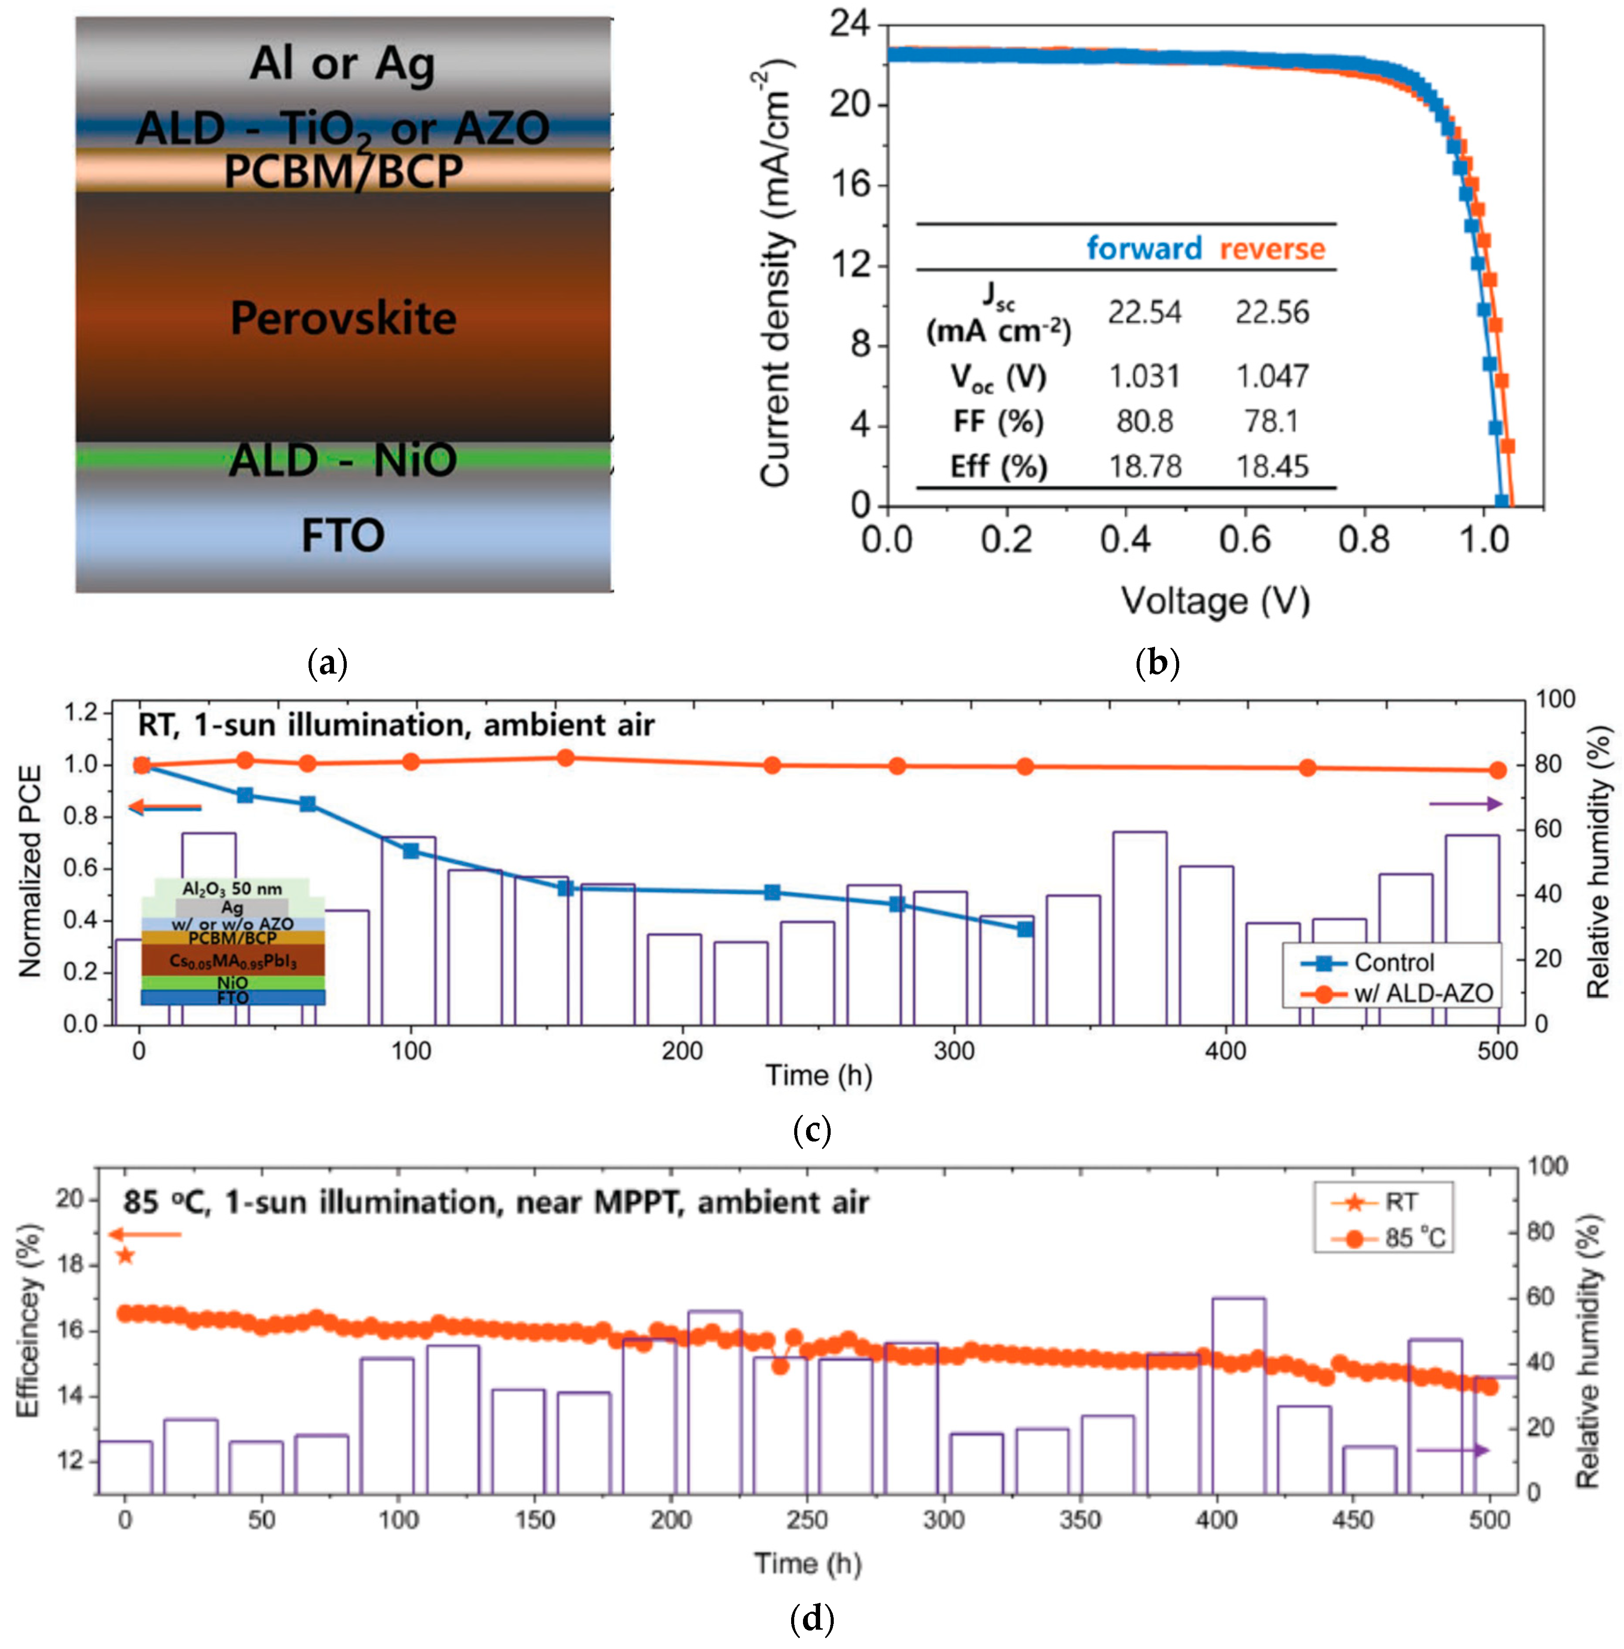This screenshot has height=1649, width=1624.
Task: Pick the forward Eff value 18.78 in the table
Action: click(1144, 466)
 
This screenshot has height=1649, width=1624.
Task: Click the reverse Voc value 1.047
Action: click(1272, 376)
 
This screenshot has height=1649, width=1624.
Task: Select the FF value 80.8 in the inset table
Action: click(1144, 421)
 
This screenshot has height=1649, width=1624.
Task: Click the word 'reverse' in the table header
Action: click(1272, 249)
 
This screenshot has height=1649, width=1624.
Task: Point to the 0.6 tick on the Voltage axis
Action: click(1244, 540)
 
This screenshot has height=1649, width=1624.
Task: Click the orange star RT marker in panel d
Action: click(125, 1255)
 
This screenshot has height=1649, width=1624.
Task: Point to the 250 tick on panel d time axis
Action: click(807, 1519)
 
